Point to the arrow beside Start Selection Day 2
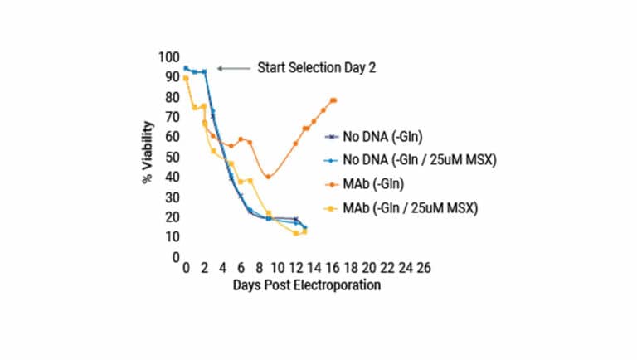(233, 68)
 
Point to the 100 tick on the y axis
(168, 56)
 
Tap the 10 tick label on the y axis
(172, 237)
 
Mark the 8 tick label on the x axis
(259, 270)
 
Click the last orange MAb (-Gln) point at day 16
(333, 100)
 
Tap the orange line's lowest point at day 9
(268, 177)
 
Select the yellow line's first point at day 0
(186, 79)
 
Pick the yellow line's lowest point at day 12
(296, 233)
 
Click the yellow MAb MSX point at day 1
(195, 107)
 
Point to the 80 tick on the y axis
(172, 96)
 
